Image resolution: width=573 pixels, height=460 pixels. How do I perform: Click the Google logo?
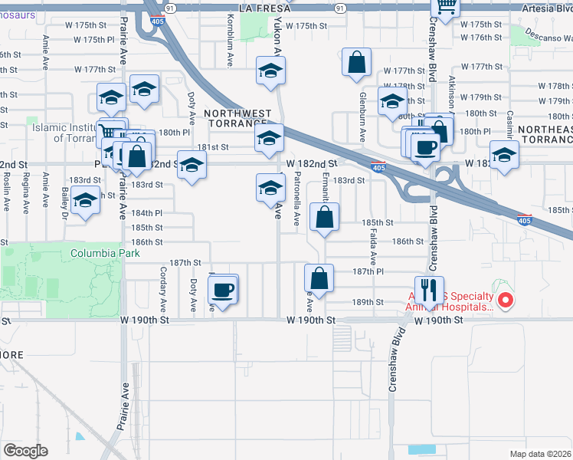(25, 451)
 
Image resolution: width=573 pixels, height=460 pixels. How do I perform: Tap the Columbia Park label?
(97, 253)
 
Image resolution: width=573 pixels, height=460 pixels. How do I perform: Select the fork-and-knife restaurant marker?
(428, 291)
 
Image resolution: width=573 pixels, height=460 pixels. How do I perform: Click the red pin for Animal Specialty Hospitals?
(504, 301)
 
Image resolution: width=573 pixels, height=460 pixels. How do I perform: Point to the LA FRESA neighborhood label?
(267, 7)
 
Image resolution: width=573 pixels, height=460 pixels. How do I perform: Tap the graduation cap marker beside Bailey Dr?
(86, 200)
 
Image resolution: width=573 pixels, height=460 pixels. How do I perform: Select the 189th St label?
(368, 302)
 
